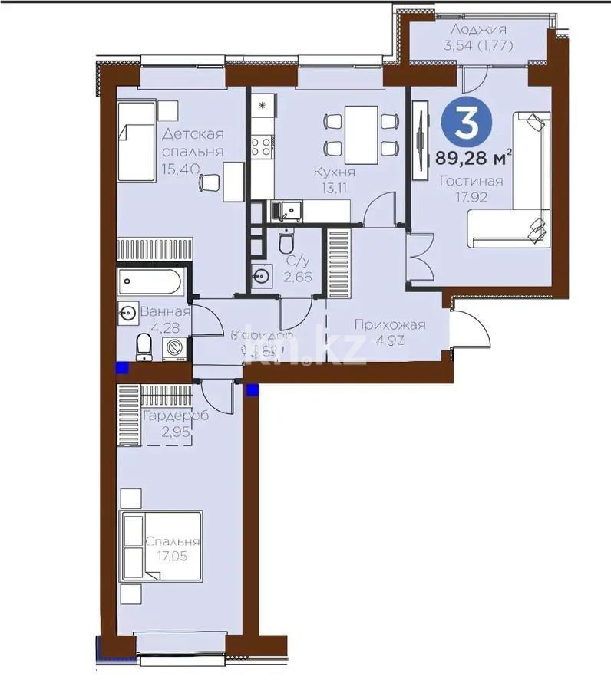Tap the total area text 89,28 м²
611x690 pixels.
[x=473, y=159]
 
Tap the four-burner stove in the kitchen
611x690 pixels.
[x=263, y=144]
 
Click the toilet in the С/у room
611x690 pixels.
[x=286, y=243]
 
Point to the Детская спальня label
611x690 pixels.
[x=192, y=143]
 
